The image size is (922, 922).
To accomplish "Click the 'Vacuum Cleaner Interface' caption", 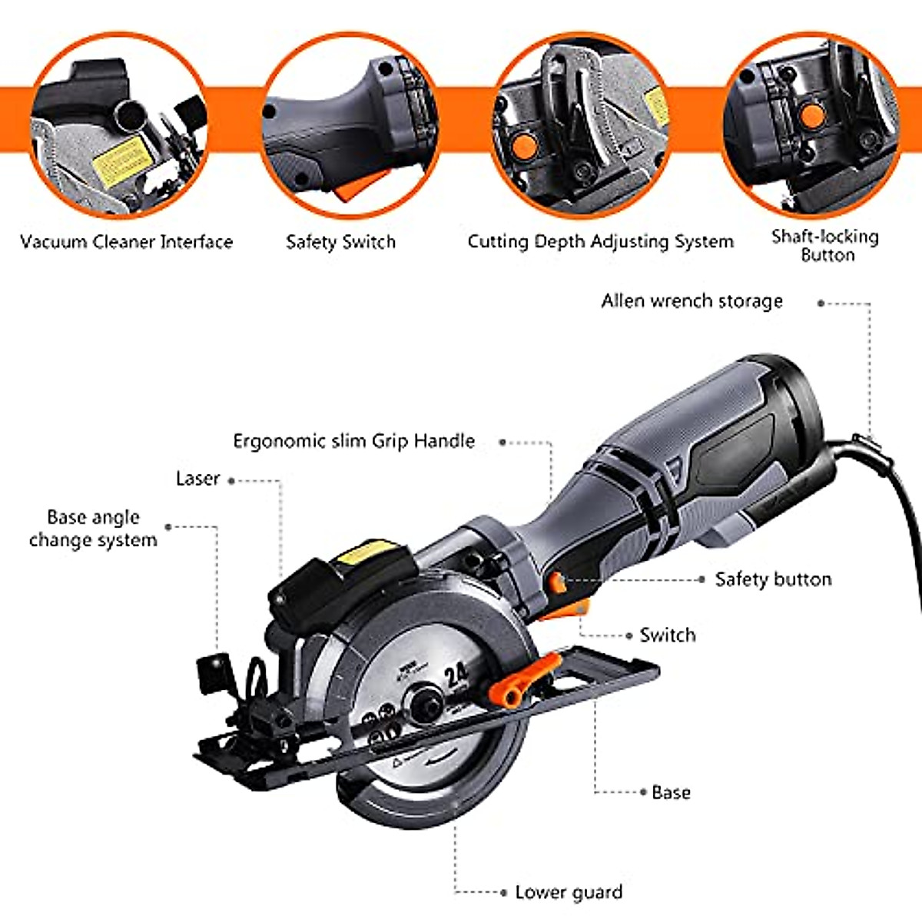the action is click(x=127, y=242).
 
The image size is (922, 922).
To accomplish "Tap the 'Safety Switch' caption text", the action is click(x=340, y=242).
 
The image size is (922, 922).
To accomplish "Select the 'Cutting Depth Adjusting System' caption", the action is click(x=600, y=242).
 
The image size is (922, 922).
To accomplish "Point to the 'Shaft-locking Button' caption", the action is click(x=826, y=245).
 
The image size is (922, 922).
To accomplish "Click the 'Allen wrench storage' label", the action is click(x=691, y=301).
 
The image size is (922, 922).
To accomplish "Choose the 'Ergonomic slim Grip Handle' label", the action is click(x=353, y=441).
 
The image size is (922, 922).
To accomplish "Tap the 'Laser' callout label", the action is click(x=197, y=479).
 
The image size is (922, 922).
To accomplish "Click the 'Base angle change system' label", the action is click(x=93, y=529).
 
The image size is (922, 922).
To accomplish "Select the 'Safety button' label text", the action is click(x=773, y=579).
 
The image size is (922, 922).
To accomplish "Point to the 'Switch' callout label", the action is click(x=668, y=635).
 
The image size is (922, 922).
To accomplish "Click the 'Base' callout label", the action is click(x=671, y=792).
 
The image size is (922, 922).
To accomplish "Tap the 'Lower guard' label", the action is click(x=569, y=892).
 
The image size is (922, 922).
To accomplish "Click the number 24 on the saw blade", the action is click(x=456, y=676).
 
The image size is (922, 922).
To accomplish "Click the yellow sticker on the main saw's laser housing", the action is click(x=369, y=551).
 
